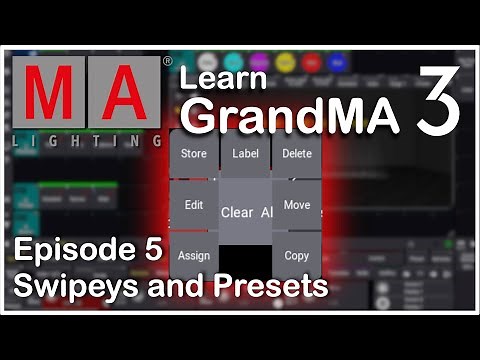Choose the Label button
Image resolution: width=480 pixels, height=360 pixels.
pyautogui.click(x=245, y=154)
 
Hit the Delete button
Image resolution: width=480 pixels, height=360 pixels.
pyautogui.click(x=297, y=154)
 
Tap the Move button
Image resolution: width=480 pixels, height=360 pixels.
pyautogui.click(x=297, y=205)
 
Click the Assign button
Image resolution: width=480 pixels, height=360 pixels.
pyautogui.click(x=194, y=255)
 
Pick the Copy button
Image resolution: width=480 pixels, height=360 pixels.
pyautogui.click(x=297, y=255)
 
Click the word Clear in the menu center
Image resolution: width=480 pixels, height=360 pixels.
pyautogui.click(x=237, y=212)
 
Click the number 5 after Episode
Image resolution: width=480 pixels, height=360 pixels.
pyautogui.click(x=152, y=252)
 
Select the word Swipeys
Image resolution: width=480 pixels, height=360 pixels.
pyautogui.click(x=70, y=287)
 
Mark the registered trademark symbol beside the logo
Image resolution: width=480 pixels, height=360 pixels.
pyautogui.click(x=166, y=60)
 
